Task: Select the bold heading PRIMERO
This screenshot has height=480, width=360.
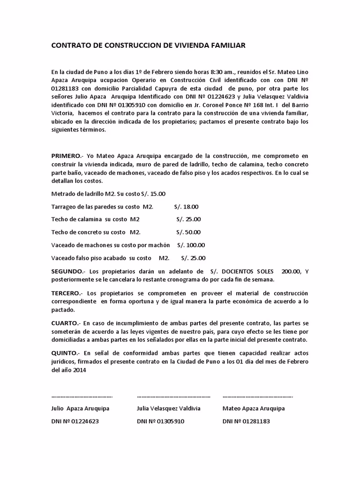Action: click(67, 156)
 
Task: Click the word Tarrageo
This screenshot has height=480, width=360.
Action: click(65, 206)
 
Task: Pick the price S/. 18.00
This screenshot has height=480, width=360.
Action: click(187, 206)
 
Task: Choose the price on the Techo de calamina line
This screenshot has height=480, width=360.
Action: click(188, 219)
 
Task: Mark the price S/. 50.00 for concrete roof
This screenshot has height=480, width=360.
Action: click(188, 232)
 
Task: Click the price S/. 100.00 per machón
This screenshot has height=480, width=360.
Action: click(191, 245)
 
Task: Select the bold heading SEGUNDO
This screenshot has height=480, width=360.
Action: click(67, 271)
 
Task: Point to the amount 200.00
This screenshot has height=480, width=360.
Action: click(291, 271)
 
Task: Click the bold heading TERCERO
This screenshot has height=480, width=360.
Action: click(67, 293)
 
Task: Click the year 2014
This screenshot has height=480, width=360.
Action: click(79, 369)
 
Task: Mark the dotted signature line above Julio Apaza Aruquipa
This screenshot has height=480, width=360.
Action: click(82, 395)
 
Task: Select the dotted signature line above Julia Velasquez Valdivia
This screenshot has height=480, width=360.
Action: click(173, 395)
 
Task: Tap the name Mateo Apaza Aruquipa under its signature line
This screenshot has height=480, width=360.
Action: click(254, 408)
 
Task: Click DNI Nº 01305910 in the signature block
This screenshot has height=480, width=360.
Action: click(161, 421)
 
